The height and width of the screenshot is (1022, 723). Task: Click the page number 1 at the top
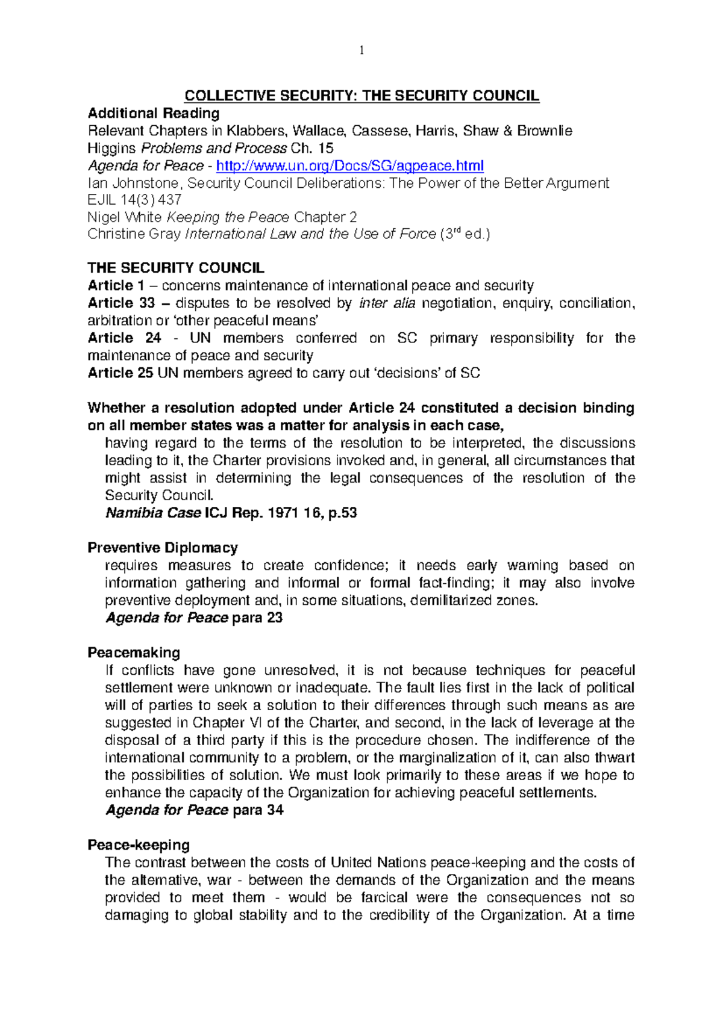[361, 51]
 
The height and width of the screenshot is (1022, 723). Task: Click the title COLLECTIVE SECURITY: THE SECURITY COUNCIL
[361, 96]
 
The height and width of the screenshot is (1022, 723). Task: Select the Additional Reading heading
[154, 113]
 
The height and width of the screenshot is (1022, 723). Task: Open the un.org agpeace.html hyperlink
[349, 166]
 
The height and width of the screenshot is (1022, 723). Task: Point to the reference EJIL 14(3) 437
[134, 200]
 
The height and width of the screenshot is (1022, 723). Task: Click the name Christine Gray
[134, 234]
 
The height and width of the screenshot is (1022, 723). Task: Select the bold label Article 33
[121, 303]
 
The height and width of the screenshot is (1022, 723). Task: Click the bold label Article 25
[120, 373]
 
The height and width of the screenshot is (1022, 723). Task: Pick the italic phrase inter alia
[387, 303]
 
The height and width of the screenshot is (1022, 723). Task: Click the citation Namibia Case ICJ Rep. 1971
[231, 513]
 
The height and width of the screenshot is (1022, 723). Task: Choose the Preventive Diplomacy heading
[163, 548]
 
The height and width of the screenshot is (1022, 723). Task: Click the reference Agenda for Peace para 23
[194, 618]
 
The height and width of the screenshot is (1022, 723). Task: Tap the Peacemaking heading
[134, 653]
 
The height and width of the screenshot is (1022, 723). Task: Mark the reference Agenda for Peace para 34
[194, 810]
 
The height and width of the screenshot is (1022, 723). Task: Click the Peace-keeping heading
[139, 845]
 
